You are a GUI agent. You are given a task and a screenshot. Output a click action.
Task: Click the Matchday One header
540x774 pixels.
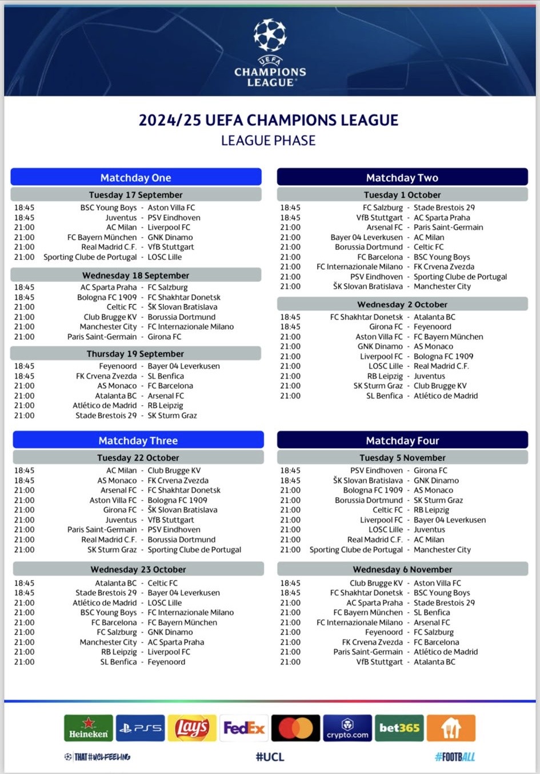pyautogui.click(x=136, y=177)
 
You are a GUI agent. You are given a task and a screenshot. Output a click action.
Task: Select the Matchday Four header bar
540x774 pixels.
pyautogui.click(x=402, y=440)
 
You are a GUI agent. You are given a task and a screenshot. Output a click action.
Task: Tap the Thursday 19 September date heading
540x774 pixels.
pyautogui.click(x=135, y=354)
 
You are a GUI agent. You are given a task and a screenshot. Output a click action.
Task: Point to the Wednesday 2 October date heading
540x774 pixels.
pyautogui.click(x=402, y=305)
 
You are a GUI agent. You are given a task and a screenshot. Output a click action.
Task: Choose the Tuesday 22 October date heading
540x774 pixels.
pyautogui.click(x=138, y=458)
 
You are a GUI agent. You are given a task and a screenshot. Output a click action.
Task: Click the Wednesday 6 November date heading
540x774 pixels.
pyautogui.click(x=402, y=569)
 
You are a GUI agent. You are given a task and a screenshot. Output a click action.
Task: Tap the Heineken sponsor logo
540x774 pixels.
pyautogui.click(x=89, y=728)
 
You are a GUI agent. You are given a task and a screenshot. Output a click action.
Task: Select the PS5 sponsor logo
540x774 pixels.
pyautogui.click(x=140, y=728)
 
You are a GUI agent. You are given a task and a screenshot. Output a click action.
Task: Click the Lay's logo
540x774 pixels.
pyautogui.click(x=192, y=728)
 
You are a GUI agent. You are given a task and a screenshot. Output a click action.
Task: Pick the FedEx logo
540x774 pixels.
pyautogui.click(x=244, y=728)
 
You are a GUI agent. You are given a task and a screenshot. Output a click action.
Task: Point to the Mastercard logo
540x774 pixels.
pyautogui.click(x=295, y=728)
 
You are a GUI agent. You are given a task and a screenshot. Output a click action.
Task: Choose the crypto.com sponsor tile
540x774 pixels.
pyautogui.click(x=347, y=728)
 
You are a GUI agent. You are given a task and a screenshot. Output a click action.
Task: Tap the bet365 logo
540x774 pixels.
pyautogui.click(x=399, y=728)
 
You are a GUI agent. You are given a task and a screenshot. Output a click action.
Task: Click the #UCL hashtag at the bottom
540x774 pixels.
pyautogui.click(x=270, y=757)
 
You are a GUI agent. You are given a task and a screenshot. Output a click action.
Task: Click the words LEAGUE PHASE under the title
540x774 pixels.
pyautogui.click(x=268, y=141)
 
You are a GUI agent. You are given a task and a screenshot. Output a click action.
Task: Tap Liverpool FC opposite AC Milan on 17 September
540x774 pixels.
pyautogui.click(x=169, y=228)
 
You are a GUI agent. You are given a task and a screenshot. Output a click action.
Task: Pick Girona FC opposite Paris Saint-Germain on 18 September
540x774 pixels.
pyautogui.click(x=165, y=337)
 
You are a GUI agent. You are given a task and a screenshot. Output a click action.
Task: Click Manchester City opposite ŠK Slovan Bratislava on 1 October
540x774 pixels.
pyautogui.click(x=442, y=286)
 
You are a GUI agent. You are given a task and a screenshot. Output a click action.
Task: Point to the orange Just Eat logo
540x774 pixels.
pyautogui.click(x=451, y=728)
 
